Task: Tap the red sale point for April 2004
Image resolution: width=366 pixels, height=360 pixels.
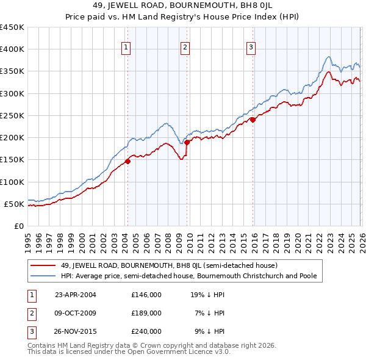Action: click(x=127, y=162)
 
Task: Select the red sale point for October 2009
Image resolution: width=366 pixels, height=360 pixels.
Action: click(x=187, y=142)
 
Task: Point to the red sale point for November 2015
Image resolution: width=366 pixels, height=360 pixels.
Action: click(x=253, y=120)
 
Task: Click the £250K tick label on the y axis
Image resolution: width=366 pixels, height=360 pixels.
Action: click(x=12, y=115)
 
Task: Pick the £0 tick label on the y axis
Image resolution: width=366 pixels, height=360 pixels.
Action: click(x=18, y=226)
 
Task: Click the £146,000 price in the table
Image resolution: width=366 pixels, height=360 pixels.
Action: click(x=146, y=294)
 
